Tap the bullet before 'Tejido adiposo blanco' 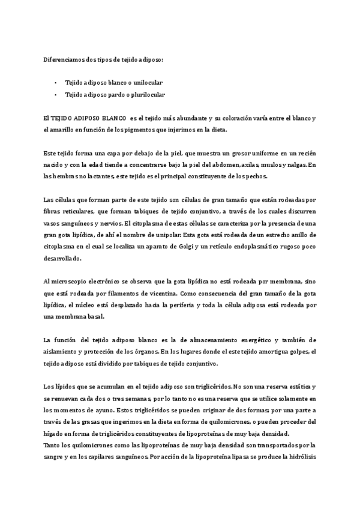pos(55,82)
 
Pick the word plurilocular pos(147,94)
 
